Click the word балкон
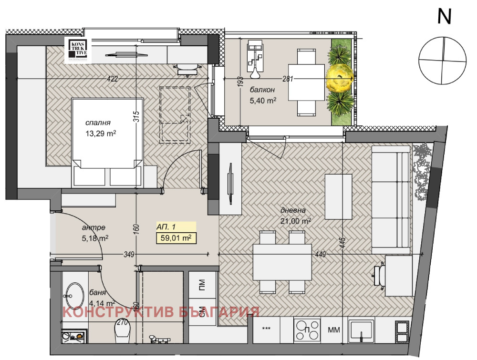[261, 90]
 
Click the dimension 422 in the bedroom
[112, 79]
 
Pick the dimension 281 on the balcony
[287, 79]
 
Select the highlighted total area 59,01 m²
[176, 237]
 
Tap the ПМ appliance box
[201, 286]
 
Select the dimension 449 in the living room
[320, 255]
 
